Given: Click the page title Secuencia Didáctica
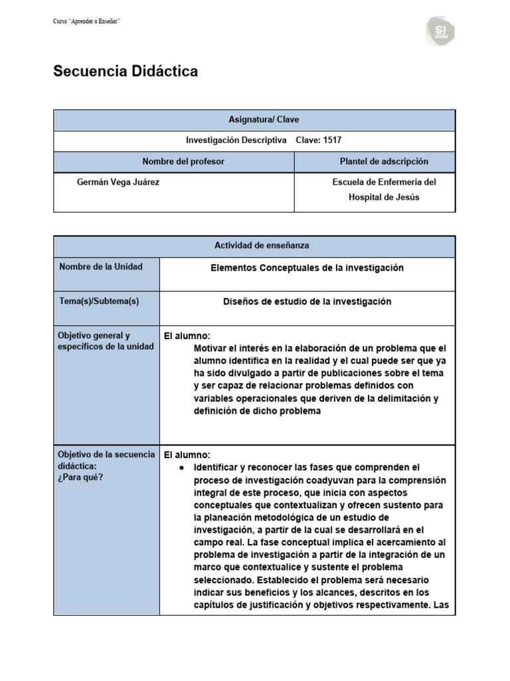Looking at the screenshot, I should coord(126,72).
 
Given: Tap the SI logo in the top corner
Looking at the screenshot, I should coord(441,32).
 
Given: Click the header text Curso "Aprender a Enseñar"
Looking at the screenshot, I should coord(86,22).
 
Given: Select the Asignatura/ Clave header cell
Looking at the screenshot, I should coord(254,120).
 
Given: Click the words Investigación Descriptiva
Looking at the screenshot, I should coord(236,140).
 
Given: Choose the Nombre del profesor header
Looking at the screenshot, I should coord(174,162).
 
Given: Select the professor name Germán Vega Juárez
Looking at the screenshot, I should coord(118,182).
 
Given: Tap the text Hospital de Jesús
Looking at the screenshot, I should coord(384,198).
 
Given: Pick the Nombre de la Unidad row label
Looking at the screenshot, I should coord(101,267).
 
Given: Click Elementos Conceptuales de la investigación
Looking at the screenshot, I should coord(307,267).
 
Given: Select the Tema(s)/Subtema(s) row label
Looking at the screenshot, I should coord(99,301).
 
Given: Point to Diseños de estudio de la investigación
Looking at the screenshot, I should coord(307,301).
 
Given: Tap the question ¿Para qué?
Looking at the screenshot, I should coord(81,477).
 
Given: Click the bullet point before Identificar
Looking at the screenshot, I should coord(181,468).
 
